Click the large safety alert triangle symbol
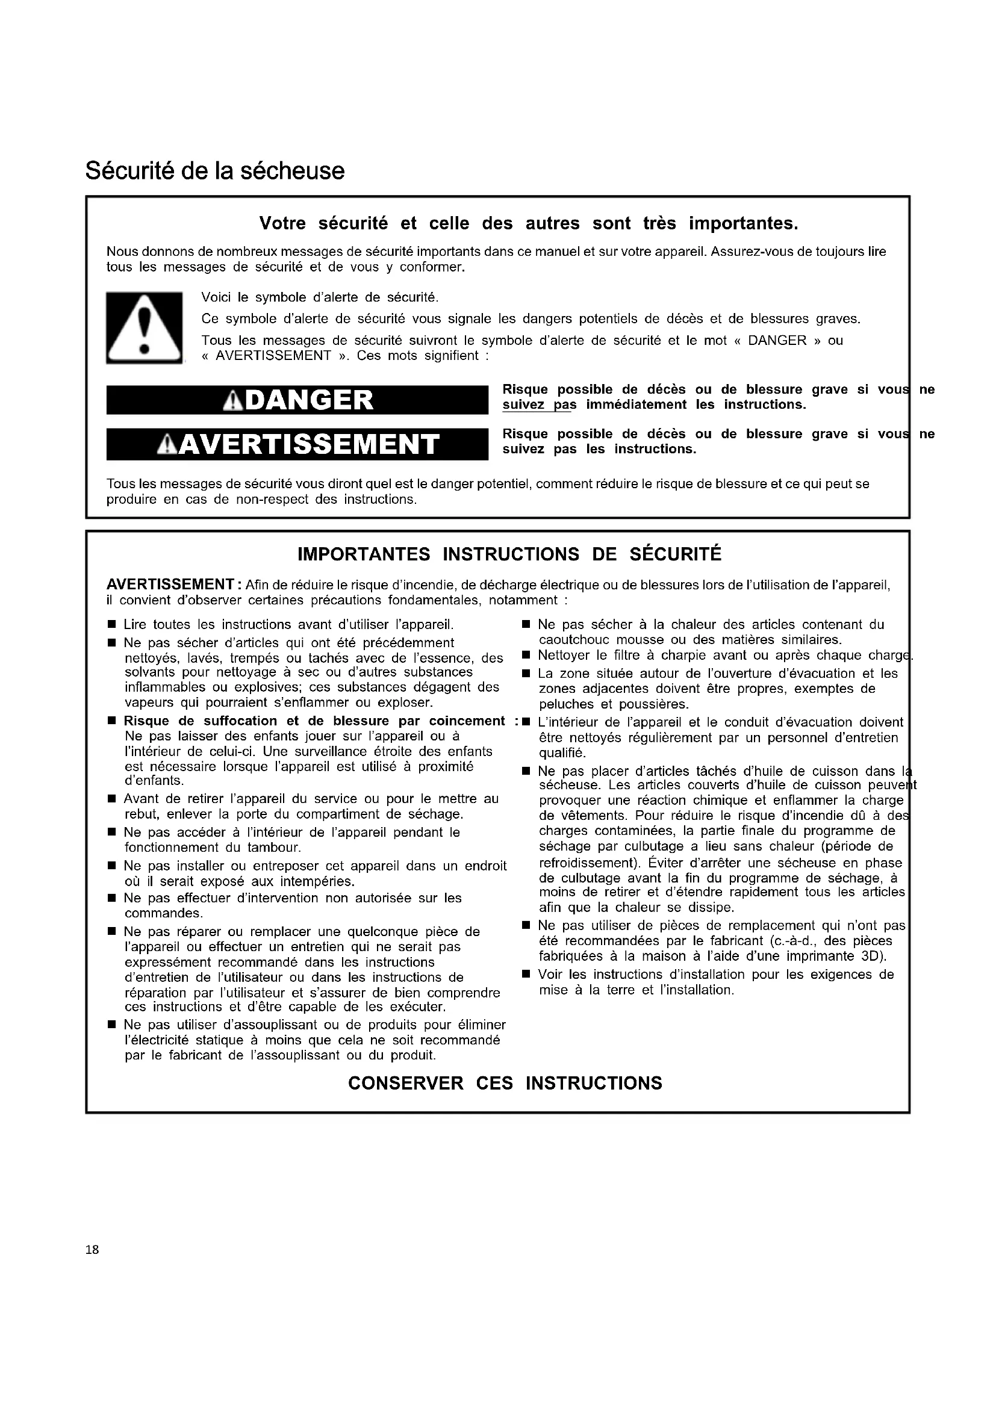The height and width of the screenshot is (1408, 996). click(144, 327)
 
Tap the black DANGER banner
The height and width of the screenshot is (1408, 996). click(297, 400)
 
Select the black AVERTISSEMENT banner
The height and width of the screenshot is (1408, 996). click(297, 445)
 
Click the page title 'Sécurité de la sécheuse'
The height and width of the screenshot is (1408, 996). click(214, 171)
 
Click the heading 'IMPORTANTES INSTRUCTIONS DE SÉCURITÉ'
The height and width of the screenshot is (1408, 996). click(509, 554)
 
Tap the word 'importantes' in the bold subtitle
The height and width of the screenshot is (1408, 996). click(742, 223)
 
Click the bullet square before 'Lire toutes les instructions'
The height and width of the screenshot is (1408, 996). click(111, 625)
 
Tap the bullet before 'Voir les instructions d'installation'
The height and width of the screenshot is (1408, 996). click(526, 975)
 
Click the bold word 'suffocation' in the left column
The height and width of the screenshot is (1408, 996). click(241, 721)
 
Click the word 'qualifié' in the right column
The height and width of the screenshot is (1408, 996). click(562, 753)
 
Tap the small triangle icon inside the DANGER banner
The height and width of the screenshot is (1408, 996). click(232, 401)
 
